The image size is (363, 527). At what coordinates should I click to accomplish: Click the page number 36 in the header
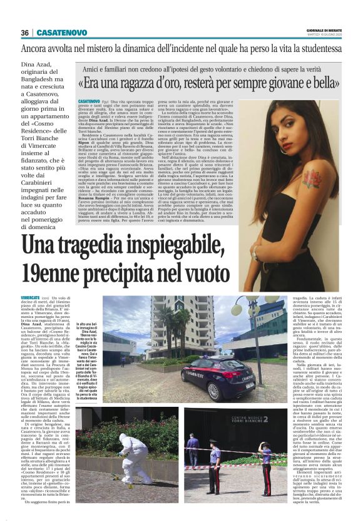click(x=26, y=33)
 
